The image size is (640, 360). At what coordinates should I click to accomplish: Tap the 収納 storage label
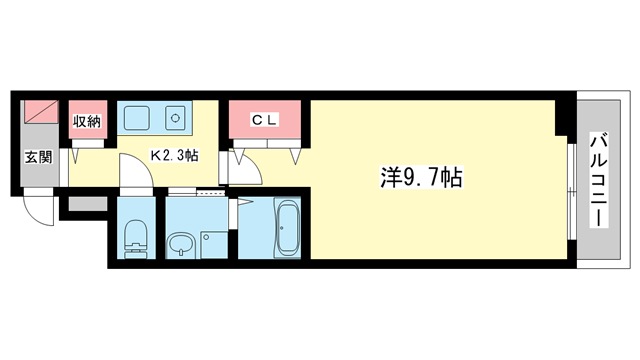click(87, 121)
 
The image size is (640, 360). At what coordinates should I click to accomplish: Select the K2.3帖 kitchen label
click(173, 156)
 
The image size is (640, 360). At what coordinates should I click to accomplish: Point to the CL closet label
click(264, 121)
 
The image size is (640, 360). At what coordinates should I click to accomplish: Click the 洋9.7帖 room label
click(420, 178)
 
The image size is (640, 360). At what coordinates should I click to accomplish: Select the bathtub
click(287, 229)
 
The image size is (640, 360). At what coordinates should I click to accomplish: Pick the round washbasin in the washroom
click(180, 243)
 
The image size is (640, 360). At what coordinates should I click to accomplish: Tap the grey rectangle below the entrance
click(83, 206)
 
